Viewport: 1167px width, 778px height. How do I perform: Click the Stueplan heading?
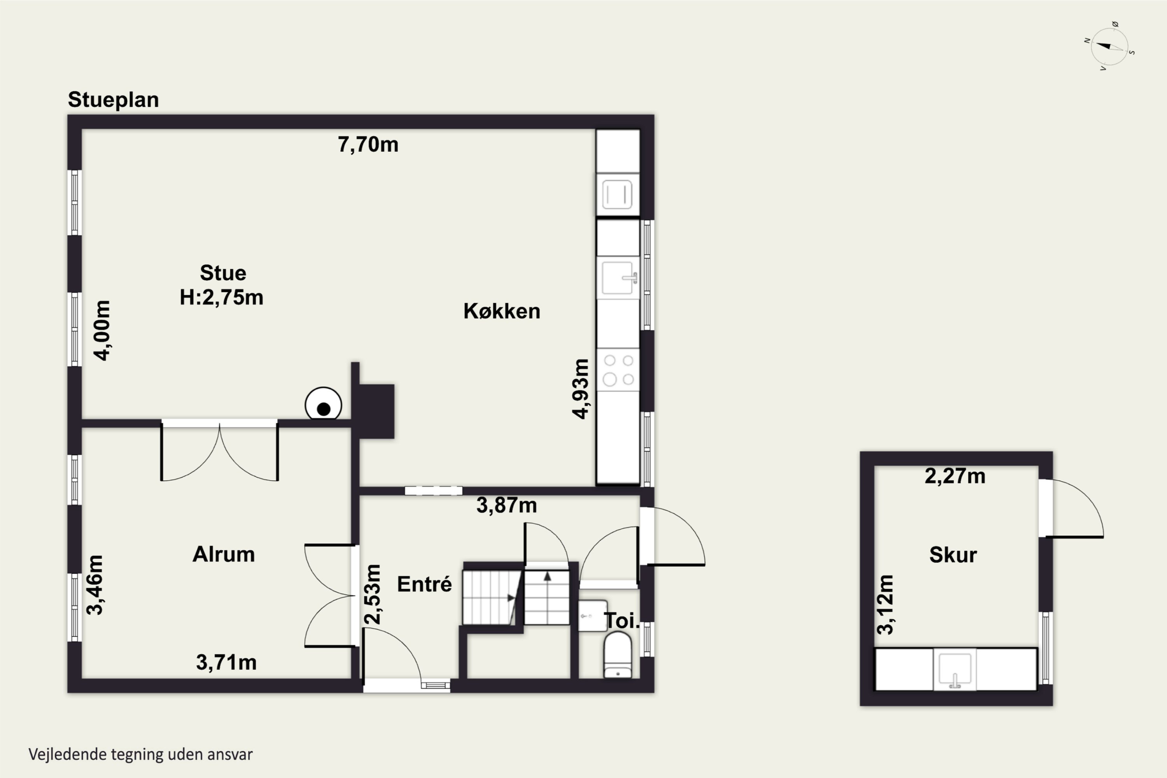pyautogui.click(x=113, y=100)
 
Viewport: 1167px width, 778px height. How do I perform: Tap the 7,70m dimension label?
pyautogui.click(x=368, y=144)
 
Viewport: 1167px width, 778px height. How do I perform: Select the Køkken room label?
pyautogui.click(x=502, y=311)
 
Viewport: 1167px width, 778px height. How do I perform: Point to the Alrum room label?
pyautogui.click(x=224, y=554)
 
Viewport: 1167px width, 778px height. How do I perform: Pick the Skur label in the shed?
pyautogui.click(x=953, y=555)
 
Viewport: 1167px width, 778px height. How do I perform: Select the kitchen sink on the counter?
pyautogui.click(x=618, y=278)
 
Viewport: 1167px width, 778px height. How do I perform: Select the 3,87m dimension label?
pyautogui.click(x=506, y=506)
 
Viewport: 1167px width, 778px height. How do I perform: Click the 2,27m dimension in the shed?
pyautogui.click(x=955, y=476)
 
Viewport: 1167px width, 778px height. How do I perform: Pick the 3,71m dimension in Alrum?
pyautogui.click(x=226, y=662)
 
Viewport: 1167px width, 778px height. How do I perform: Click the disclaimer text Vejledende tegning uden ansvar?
pyautogui.click(x=140, y=755)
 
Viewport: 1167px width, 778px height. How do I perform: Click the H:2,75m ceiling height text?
pyautogui.click(x=221, y=297)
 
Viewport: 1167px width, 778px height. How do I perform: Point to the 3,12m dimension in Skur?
pyautogui.click(x=885, y=605)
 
